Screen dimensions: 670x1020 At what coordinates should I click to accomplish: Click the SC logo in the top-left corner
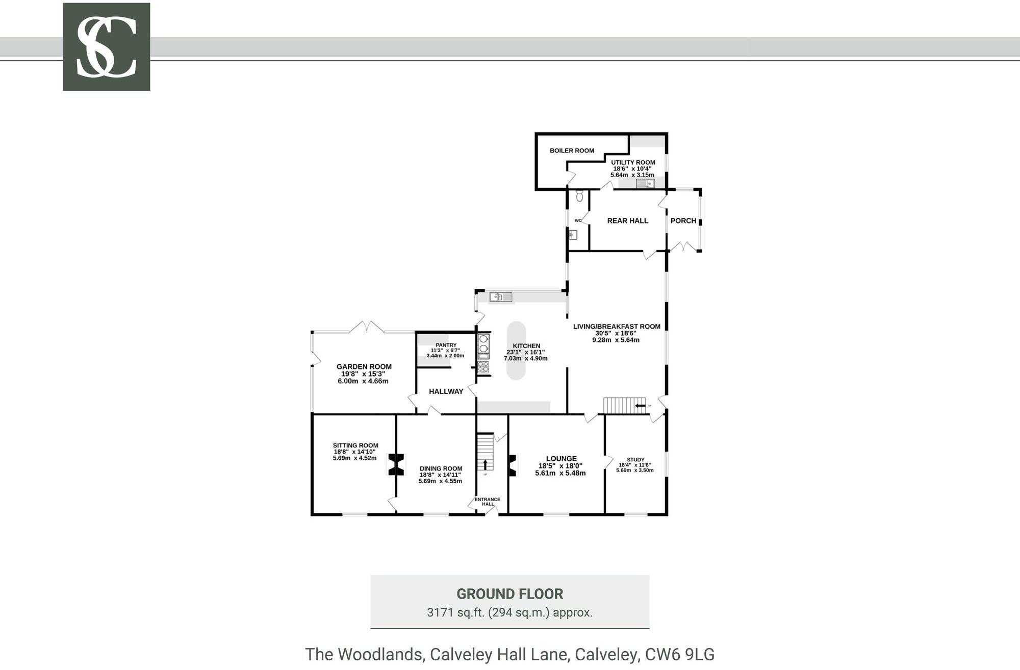tap(106, 47)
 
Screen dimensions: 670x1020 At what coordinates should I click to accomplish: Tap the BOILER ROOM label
tap(572, 151)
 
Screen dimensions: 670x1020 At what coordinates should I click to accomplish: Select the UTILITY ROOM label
tap(633, 162)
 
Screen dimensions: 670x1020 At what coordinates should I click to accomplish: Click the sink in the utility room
tap(645, 184)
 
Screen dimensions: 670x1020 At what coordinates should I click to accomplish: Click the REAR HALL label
tap(627, 221)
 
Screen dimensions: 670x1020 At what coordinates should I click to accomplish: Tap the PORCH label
tap(683, 221)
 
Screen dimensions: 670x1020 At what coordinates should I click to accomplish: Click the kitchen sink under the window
tap(500, 296)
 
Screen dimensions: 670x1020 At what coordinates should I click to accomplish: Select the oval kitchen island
tap(516, 351)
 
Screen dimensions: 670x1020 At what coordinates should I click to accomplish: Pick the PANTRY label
tap(446, 345)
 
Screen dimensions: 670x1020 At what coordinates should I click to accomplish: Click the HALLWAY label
tap(446, 391)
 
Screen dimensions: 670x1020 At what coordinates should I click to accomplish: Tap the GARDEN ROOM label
tap(364, 366)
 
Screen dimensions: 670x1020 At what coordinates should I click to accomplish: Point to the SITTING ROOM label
tap(355, 445)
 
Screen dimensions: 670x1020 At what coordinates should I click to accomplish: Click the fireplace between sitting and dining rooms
tap(396, 465)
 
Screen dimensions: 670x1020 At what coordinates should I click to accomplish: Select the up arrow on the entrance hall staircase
tap(485, 464)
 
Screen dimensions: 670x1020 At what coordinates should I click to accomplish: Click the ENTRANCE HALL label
tap(488, 502)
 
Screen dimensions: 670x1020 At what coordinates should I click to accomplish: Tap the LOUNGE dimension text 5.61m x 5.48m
tap(560, 473)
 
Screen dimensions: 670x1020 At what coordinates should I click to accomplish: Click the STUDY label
tap(635, 459)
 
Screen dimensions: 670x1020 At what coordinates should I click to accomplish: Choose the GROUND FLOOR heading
tap(509, 594)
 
